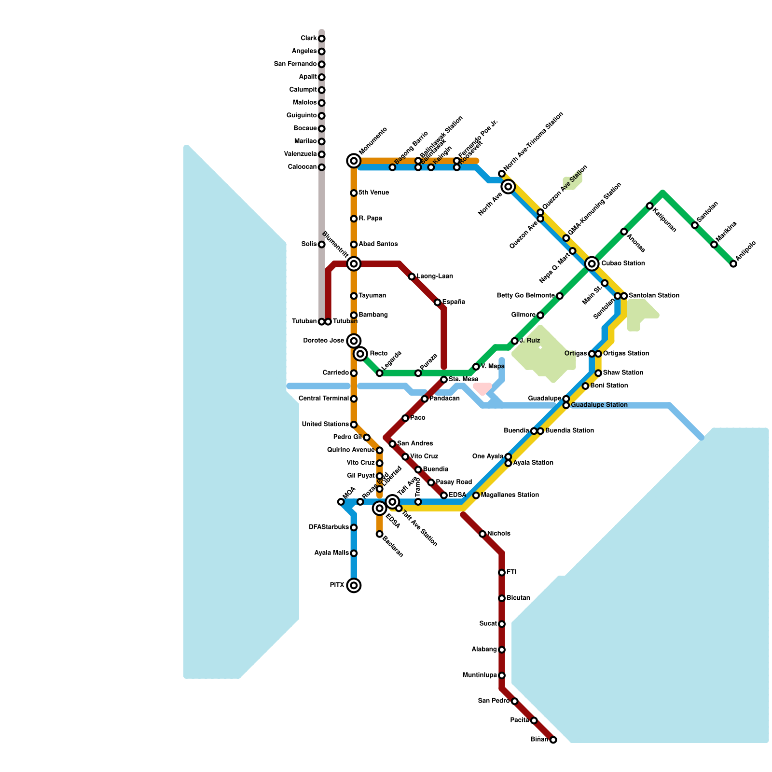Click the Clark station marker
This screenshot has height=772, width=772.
(x=322, y=39)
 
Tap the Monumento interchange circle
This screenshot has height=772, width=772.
(x=354, y=161)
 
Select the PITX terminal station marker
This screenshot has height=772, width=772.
(x=354, y=585)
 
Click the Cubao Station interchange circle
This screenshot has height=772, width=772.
(x=592, y=263)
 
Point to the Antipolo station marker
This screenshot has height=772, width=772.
(x=733, y=264)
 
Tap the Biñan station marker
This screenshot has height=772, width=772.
(x=553, y=740)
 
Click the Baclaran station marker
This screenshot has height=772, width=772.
(x=380, y=534)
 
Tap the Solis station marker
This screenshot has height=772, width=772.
(x=322, y=245)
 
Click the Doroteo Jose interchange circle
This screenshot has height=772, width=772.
(x=354, y=341)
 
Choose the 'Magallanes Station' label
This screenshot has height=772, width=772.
(x=510, y=495)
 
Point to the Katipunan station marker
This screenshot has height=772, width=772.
(x=650, y=206)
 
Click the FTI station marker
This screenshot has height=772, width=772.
(x=502, y=573)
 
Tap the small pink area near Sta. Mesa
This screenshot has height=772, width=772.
(x=482, y=387)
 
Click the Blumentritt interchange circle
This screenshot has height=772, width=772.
(x=354, y=263)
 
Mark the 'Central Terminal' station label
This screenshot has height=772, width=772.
(x=323, y=399)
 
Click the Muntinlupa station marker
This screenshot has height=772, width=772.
(x=502, y=675)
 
